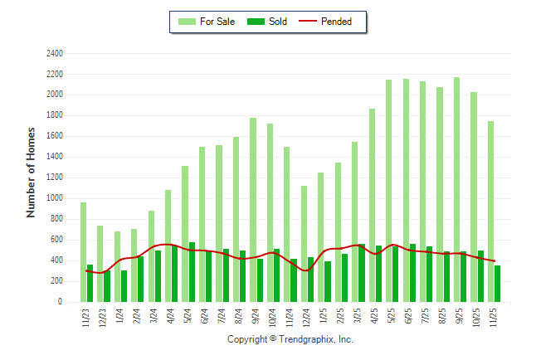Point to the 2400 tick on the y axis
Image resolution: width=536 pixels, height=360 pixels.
[x=55, y=53]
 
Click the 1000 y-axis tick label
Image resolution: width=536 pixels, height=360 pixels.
[x=55, y=198]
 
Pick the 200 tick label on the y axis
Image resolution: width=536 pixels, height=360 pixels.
[x=56, y=281]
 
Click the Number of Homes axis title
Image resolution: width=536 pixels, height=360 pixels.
[x=31, y=173]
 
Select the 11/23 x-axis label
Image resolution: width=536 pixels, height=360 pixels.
[x=86, y=319]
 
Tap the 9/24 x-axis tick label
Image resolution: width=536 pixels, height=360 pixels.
[x=256, y=319]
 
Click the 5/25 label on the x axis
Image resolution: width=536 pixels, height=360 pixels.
[x=392, y=319]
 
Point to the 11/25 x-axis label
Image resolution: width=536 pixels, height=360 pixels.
[x=494, y=319]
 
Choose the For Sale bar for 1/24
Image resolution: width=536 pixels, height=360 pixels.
[x=117, y=266]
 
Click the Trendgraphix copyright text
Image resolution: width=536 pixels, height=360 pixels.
[x=290, y=339]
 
